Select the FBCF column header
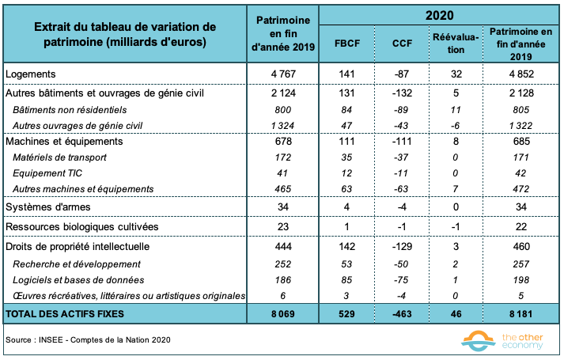pyautogui.click(x=348, y=44)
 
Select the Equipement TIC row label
pyautogui.click(x=50, y=172)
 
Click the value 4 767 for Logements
pyautogui.click(x=282, y=74)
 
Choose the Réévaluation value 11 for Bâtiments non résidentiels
pyautogui.click(x=454, y=109)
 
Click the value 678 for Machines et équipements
pyautogui.click(x=282, y=141)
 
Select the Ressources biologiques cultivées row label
pyautogui.click(x=82, y=226)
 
